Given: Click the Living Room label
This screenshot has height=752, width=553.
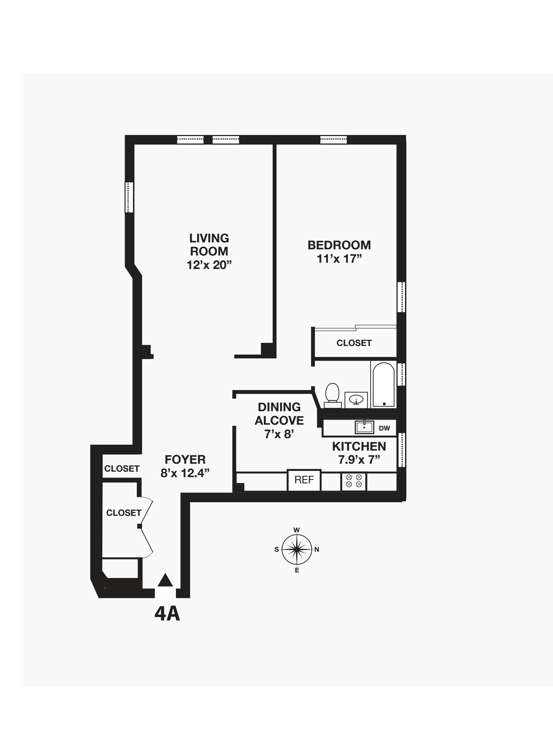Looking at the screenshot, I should (209, 244).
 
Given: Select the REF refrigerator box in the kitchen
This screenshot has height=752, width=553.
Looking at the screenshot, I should (304, 480).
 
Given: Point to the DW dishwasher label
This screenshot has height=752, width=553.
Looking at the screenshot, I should (384, 428).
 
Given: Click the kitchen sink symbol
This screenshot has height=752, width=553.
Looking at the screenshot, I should (364, 427).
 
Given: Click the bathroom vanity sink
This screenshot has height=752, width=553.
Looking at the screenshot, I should (356, 400).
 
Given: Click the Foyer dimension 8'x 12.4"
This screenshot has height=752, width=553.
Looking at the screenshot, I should (185, 473).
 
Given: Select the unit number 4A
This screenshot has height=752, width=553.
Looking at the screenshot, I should (167, 614).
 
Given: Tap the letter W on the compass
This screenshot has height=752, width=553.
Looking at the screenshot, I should (296, 530).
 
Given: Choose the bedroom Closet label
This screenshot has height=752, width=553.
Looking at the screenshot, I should (354, 343).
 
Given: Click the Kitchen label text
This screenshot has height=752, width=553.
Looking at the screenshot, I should (359, 446).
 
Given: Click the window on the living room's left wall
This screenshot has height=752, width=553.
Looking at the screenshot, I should (129, 197).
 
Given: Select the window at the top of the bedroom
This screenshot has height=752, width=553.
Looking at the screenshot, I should (333, 139).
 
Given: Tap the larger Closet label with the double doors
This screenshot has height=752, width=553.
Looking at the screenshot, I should (124, 513).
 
